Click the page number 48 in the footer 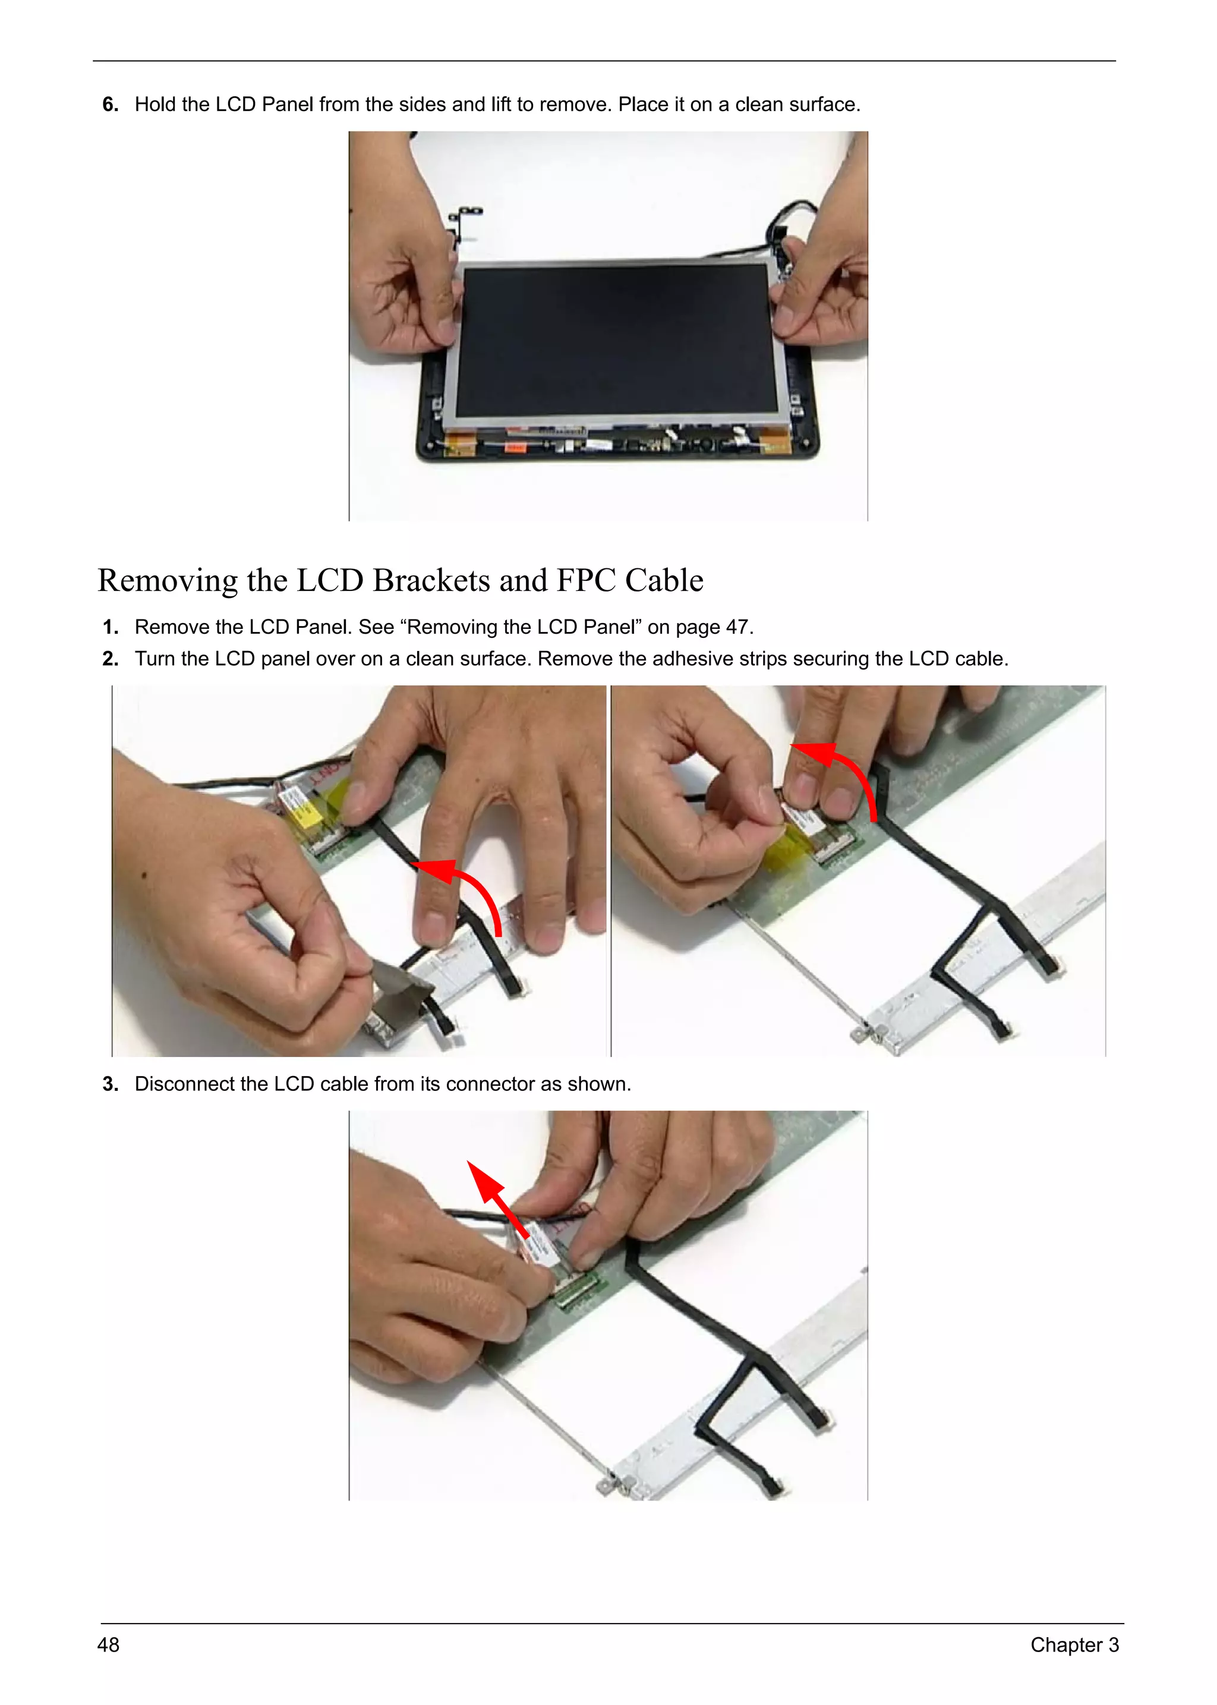pos(109,1644)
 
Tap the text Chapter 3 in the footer pos(1074,1644)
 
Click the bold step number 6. pos(110,105)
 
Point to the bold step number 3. pos(110,1084)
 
